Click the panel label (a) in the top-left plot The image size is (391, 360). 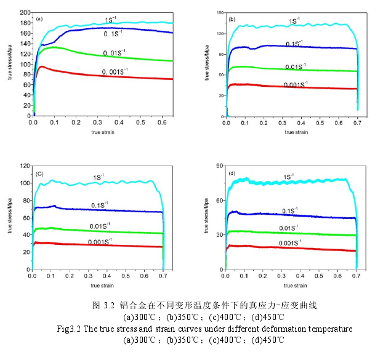coord(40,20)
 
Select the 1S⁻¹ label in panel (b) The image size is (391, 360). coord(295,21)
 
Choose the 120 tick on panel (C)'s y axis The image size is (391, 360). coord(24,166)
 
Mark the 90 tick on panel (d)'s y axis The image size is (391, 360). coord(219,166)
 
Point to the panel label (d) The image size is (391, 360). coord(232,174)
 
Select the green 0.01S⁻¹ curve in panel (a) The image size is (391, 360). coord(123,57)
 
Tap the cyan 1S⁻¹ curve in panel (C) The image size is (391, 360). coord(123,183)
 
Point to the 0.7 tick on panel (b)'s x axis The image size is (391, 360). coord(358,122)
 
